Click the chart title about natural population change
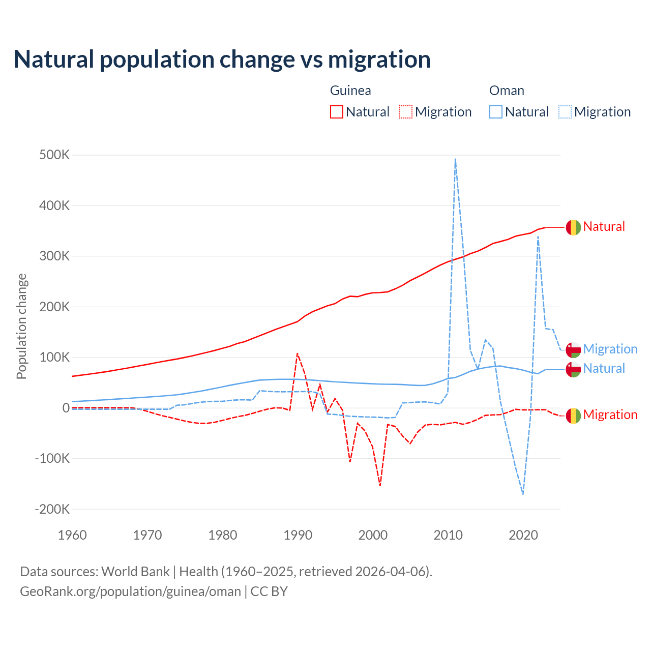pos(222,60)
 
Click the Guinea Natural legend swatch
pos(337,112)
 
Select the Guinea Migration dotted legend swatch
pos(406,112)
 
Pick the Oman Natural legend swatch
pos(496,112)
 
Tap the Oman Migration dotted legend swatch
pos(565,112)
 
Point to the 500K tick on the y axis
pos(54,155)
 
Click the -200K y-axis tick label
pos(52,509)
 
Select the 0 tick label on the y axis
pos(66,408)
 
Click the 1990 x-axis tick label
pos(298,535)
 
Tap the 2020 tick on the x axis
pos(523,535)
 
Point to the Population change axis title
pos(21,327)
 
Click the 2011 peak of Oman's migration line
pos(455,159)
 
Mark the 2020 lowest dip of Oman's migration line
pos(523,493)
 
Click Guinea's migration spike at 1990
pos(298,353)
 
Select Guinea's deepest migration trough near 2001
pos(380,485)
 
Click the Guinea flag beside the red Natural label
pos(573,227)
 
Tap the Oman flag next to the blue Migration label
pos(573,350)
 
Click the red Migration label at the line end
pos(610,415)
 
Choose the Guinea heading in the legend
pos(350,91)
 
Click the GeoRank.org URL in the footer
pos(130,591)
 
